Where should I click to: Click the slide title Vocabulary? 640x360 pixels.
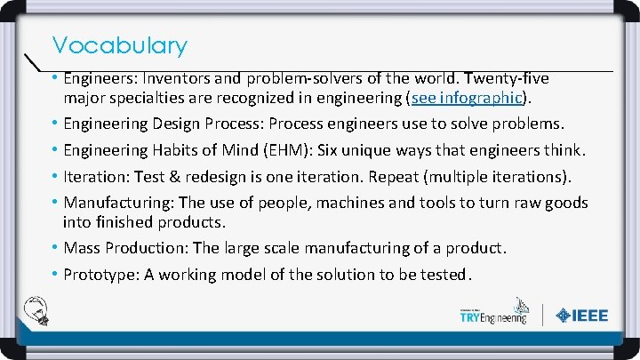(119, 45)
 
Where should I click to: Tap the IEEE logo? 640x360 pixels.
(582, 316)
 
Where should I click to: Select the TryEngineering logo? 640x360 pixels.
(492, 314)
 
